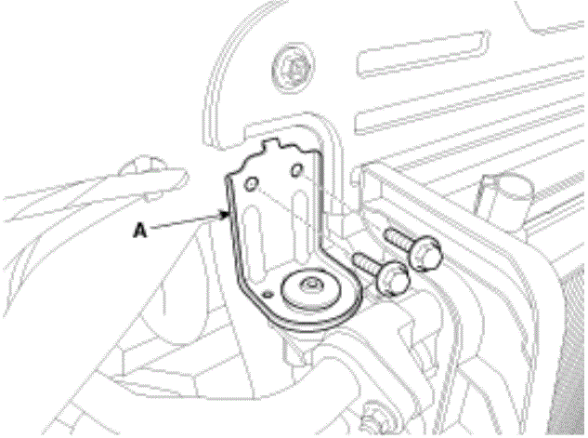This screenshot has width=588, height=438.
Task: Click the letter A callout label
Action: point(140,230)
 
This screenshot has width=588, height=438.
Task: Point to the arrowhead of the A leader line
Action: point(226,215)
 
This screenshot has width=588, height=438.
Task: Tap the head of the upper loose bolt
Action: point(426,255)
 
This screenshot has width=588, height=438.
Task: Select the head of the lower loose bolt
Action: point(393,278)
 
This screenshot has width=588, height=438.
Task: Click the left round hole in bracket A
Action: point(251,184)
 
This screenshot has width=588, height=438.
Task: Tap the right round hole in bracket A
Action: point(296,169)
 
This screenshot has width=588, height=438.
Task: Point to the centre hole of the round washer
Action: point(311,285)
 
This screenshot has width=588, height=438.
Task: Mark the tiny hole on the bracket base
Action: point(268,294)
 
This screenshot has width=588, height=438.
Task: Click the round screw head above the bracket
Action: point(292,68)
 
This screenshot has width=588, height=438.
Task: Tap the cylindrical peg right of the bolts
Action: point(504,198)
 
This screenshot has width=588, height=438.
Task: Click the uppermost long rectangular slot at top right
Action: point(424,55)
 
